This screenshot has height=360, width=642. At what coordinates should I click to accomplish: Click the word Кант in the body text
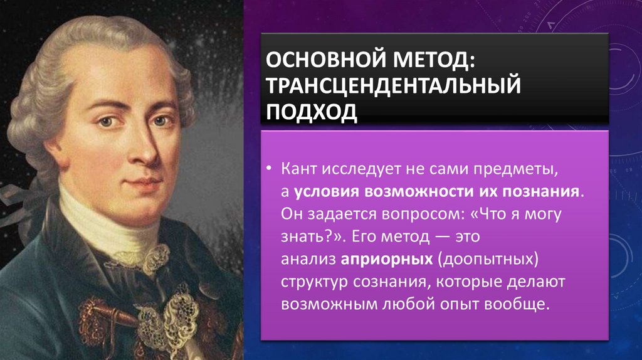(x=301, y=169)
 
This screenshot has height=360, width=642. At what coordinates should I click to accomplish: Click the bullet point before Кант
(x=268, y=169)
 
